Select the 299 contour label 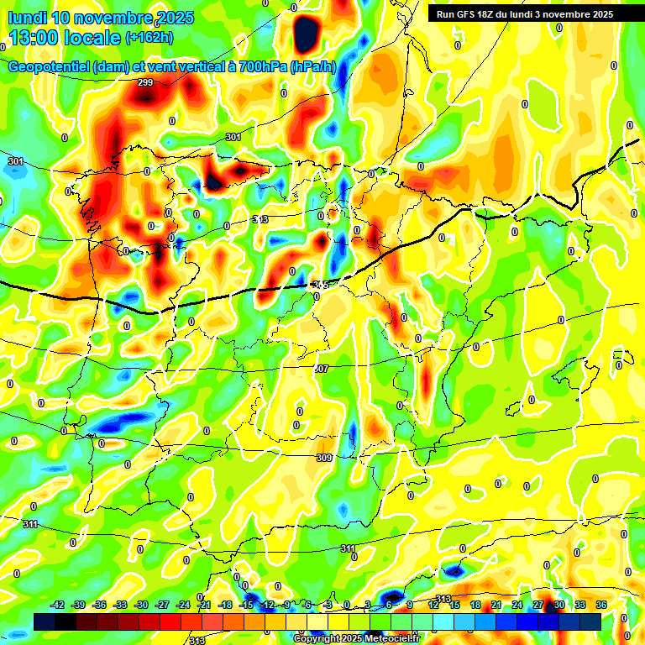click(145, 82)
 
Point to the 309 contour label click(324, 458)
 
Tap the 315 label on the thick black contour click(320, 286)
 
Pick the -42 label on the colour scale click(58, 605)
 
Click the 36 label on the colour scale click(600, 605)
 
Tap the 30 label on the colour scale click(558, 605)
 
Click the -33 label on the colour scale click(120, 605)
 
